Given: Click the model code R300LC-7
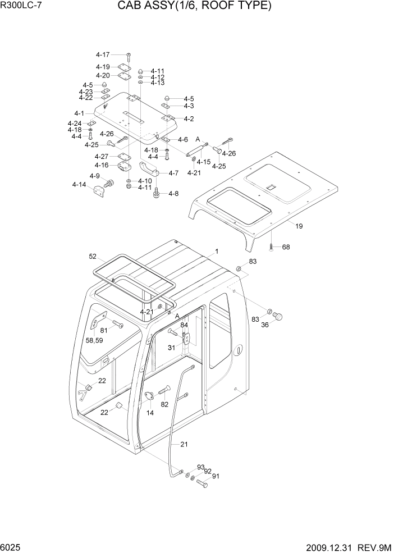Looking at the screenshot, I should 21,6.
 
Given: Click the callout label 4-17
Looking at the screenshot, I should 103,54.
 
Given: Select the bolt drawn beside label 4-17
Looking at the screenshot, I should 128,56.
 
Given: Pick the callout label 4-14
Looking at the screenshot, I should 79,185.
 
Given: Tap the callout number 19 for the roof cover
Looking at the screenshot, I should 299,226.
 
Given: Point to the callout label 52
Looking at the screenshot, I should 93,257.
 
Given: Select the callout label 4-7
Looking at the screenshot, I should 173,174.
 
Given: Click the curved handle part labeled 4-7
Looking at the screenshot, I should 149,168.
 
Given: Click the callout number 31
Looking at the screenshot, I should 172,348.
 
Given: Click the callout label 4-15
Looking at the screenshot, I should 203,162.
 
